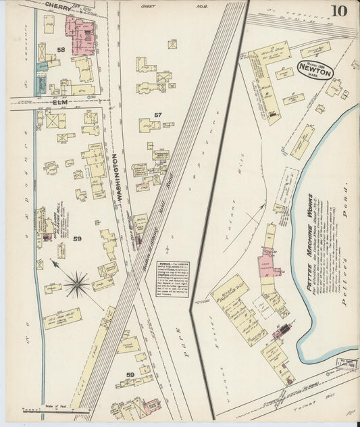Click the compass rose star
point(76,284)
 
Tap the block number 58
point(61,50)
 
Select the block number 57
point(157,115)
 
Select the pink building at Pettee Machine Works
point(265,264)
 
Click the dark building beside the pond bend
point(282,331)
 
